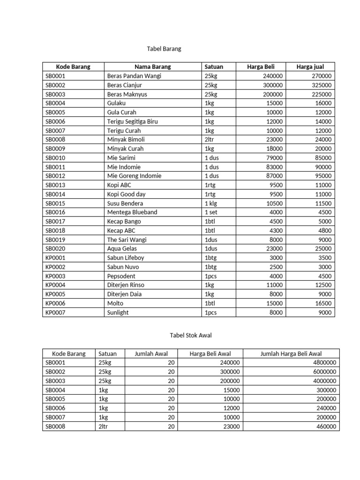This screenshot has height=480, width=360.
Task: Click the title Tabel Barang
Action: coord(164,49)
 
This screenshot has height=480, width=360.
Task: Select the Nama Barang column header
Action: coord(152,67)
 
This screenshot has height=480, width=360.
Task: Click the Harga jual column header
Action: coord(310,67)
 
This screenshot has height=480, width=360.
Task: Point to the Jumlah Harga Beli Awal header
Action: coord(291,354)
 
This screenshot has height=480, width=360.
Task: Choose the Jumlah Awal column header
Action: coord(151,354)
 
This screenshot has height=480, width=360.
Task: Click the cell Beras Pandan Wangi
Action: coord(134,76)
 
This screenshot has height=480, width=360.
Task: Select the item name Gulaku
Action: coord(117,103)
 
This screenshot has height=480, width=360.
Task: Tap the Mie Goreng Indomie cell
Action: coord(134,176)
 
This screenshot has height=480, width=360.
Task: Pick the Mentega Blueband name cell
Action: coord(132,212)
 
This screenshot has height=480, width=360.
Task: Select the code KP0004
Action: coord(55,285)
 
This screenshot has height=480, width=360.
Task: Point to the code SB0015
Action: coord(55,203)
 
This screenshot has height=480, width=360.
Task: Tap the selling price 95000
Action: coord(322,176)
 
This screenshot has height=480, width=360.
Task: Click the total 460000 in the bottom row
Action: coord(325,427)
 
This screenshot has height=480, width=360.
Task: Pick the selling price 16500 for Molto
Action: coord(322,303)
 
